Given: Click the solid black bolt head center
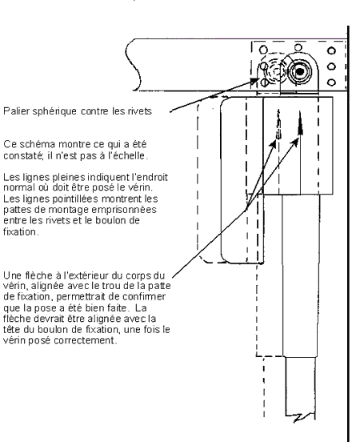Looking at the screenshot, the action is tap(300, 72).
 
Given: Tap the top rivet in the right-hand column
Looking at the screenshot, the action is tap(331, 50).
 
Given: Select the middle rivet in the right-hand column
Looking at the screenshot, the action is tap(331, 66).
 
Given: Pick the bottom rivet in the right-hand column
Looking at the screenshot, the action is tap(331, 82).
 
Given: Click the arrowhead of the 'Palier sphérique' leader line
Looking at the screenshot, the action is tap(254, 81).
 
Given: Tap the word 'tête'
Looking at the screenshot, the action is tap(11, 330).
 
